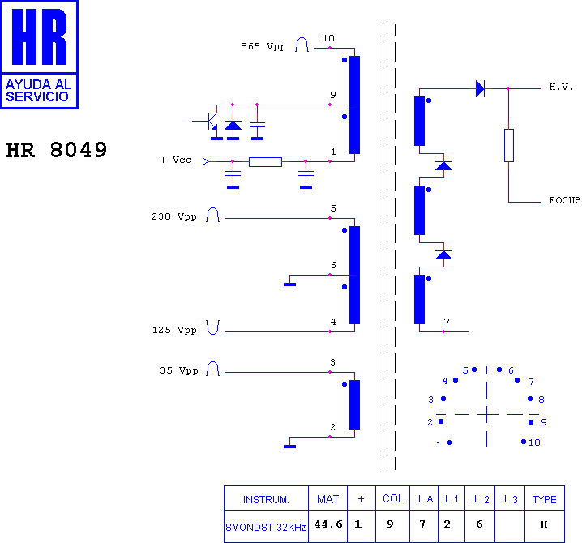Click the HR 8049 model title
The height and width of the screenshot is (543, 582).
coord(57,150)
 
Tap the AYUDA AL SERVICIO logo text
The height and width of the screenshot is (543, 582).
coord(39,91)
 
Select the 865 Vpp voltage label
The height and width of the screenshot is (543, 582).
coord(263,47)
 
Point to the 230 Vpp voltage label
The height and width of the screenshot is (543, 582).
coord(174,216)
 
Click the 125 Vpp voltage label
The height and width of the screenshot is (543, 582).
coord(174,331)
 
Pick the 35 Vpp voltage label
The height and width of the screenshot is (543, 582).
coord(179,371)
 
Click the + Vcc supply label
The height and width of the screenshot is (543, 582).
coord(176,160)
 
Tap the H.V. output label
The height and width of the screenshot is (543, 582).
coord(561,88)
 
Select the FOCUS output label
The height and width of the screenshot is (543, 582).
coord(565,200)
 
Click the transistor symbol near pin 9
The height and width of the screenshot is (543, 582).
coord(212,122)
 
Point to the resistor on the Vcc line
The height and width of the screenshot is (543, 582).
coord(265,162)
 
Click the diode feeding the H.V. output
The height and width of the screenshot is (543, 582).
coord(481,88)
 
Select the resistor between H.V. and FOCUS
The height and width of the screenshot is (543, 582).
coord(509,146)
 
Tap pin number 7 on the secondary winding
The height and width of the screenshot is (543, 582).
coord(447,322)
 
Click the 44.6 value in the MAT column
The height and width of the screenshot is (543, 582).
coord(328,524)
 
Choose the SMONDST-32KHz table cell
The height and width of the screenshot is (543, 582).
coord(266,527)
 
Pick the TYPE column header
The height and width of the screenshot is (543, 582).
coord(545,499)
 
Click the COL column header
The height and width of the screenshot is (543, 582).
coord(393,499)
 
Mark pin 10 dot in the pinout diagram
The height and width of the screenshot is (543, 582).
coord(524,442)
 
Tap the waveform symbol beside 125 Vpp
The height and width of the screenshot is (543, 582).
coord(213,327)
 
